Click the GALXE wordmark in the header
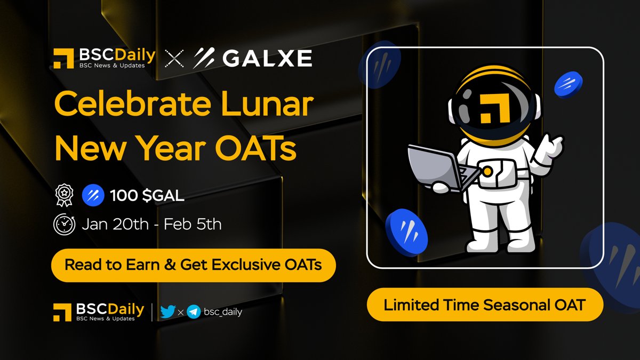(267, 58)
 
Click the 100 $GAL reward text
(147, 196)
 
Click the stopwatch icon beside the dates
(64, 224)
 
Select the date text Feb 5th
(193, 224)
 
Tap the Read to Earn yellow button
(193, 265)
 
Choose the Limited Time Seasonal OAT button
(485, 306)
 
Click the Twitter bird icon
(168, 311)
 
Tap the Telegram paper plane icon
(194, 312)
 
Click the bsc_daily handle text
(223, 312)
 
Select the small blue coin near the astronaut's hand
(568, 84)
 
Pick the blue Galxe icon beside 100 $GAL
(93, 196)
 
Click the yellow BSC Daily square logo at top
(63, 58)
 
